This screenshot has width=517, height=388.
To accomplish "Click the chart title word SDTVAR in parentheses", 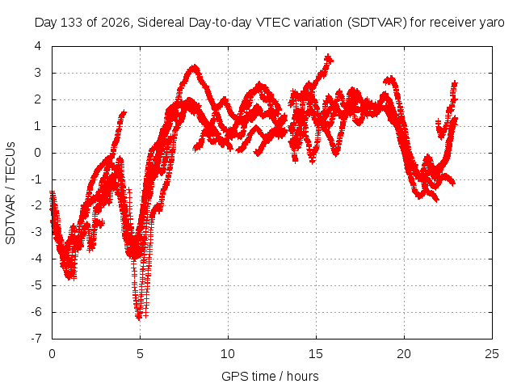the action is pos(377,23).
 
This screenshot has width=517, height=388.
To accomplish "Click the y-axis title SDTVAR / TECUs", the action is pos(11,193).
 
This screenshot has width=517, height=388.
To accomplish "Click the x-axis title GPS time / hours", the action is pos(270,376).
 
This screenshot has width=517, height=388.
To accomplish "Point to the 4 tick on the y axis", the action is pos(38,46).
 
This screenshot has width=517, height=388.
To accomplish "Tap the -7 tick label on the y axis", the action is pos(36,339).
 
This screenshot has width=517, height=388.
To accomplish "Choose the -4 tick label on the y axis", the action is pos(36,259).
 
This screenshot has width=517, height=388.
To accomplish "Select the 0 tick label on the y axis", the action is pos(38,153).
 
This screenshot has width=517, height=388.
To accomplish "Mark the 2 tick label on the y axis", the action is pos(38,99).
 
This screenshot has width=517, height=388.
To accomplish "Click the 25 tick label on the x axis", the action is pos(492,354).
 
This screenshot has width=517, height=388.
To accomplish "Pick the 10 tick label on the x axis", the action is pos(228,354).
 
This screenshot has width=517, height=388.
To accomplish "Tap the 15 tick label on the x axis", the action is pos(316,354).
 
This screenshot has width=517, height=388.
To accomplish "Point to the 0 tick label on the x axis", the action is pos(52,354).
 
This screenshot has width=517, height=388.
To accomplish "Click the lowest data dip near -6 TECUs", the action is pos(139,317).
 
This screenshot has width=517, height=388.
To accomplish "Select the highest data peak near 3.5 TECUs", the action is pos(329,58).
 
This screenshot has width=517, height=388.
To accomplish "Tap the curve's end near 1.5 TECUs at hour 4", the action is pos(124,113).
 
